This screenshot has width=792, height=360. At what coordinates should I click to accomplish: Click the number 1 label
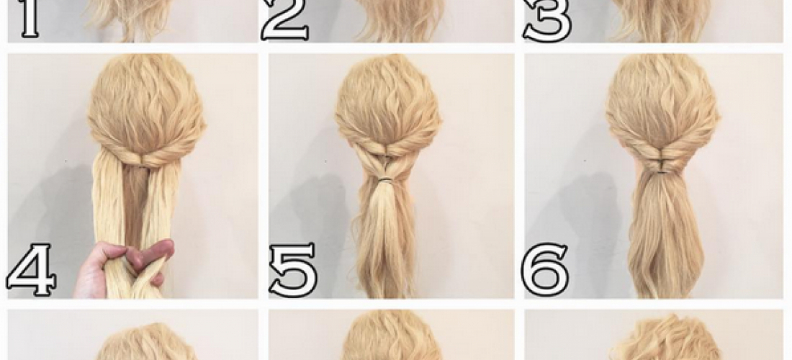[x=30, y=19]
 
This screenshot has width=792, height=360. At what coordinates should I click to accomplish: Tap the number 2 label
[x=285, y=20]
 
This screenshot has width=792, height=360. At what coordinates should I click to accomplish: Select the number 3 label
[x=548, y=20]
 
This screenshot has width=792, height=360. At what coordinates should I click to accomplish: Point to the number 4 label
[x=31, y=269]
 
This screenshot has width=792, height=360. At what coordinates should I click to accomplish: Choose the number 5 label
[x=293, y=270]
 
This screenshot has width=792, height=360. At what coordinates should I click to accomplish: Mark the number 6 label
[x=545, y=269]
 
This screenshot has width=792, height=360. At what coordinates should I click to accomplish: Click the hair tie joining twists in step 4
[x=145, y=163]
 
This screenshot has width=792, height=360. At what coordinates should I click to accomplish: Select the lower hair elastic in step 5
[x=387, y=179]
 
